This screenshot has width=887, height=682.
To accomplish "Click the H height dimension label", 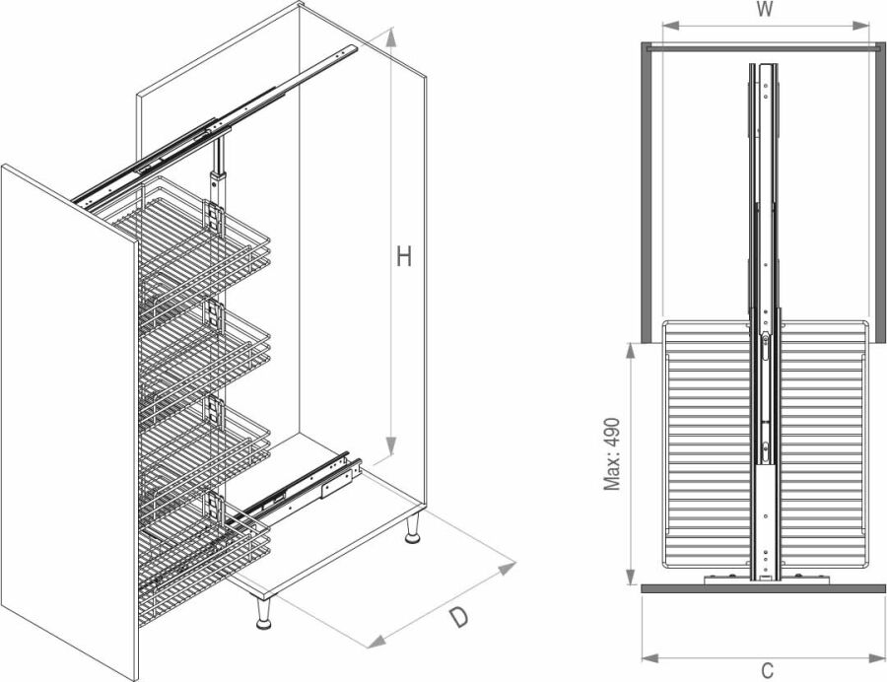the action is (403, 257).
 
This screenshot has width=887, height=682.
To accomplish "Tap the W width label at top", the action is (765, 10).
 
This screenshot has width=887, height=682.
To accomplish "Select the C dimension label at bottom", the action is (767, 671).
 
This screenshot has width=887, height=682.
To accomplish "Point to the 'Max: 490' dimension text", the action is (612, 454).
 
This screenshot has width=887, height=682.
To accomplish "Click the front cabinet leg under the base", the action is (263, 614).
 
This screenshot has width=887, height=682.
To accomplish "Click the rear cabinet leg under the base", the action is (414, 529).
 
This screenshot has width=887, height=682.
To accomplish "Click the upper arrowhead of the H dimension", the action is (390, 37).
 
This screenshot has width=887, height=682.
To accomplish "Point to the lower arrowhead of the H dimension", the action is (390, 445).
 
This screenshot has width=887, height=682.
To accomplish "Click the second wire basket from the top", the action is (204, 351).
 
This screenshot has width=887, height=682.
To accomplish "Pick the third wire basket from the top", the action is (204, 446).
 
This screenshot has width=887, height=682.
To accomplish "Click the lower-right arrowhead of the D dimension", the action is (507, 569).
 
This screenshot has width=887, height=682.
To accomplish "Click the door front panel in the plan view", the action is (764, 588).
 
